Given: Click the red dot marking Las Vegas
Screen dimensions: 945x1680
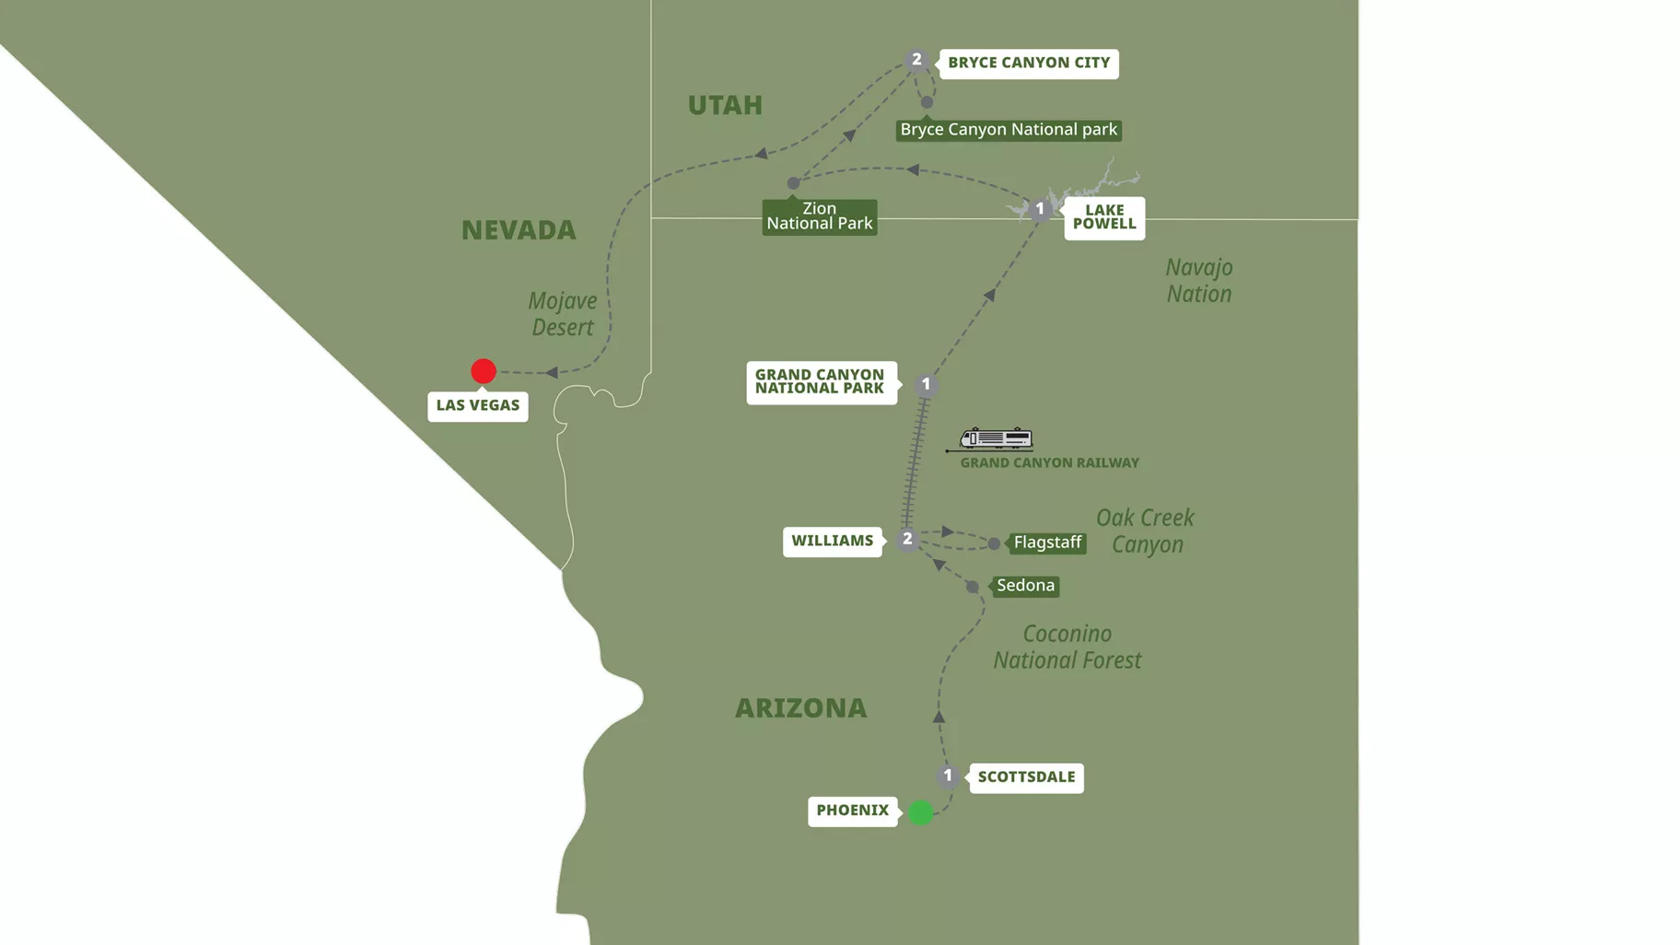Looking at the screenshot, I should (484, 371).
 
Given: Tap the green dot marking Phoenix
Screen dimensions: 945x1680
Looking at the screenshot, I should (920, 812).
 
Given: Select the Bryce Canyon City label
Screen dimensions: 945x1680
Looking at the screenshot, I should (1029, 64).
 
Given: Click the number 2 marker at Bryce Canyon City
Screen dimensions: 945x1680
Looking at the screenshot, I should (916, 60).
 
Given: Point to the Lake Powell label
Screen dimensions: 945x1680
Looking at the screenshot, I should (1104, 217).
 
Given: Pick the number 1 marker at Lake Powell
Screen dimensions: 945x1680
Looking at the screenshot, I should (1040, 209).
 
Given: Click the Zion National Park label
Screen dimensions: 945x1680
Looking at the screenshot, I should (820, 216).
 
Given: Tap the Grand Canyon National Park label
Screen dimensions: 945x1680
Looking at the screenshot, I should (820, 381).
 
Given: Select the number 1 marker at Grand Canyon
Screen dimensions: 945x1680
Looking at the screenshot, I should (927, 384).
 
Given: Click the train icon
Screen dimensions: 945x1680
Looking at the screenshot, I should (996, 438).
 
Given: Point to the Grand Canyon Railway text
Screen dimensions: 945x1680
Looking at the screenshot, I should (1049, 463).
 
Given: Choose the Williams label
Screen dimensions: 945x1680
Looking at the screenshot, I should (833, 541).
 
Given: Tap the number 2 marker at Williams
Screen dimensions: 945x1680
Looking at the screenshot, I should (907, 539).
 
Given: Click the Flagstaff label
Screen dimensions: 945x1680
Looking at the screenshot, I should (1047, 542).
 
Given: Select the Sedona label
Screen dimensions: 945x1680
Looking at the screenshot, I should (1025, 586).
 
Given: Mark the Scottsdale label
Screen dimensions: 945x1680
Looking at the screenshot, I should (1026, 777).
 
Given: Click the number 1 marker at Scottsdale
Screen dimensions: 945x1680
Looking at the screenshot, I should (948, 776).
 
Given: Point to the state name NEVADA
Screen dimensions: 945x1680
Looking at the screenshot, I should (519, 230).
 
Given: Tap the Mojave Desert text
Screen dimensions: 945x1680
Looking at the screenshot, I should (562, 314).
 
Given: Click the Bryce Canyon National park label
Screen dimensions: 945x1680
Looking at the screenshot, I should (1009, 130).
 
